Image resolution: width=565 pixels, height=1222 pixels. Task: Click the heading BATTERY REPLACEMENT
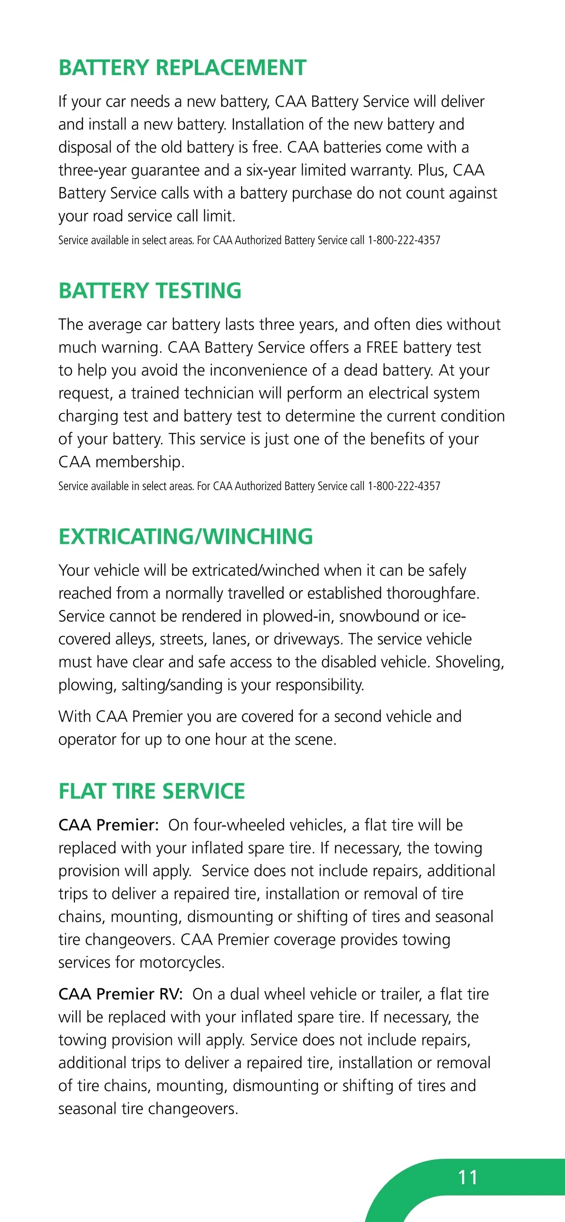click(183, 68)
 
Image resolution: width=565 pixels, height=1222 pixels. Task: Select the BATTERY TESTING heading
click(150, 291)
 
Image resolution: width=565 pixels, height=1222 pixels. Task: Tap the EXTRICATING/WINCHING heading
click(186, 537)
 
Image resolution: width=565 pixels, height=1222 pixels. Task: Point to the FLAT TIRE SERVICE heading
click(152, 792)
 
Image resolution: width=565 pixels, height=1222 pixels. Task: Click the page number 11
click(468, 1177)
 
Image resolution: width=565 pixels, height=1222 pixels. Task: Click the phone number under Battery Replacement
click(404, 241)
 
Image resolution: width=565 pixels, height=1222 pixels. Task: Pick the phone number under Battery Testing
click(404, 486)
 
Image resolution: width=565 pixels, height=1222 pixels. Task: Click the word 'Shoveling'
click(469, 662)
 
